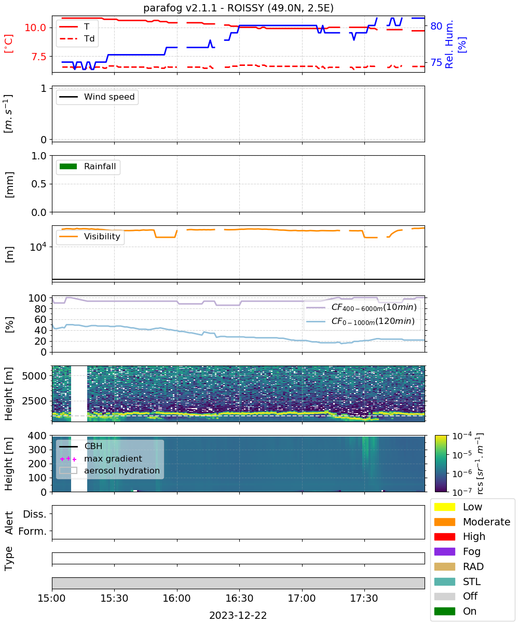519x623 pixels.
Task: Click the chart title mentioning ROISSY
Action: tap(238, 8)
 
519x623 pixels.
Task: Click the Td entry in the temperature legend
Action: tap(77, 38)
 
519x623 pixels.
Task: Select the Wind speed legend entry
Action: tap(97, 97)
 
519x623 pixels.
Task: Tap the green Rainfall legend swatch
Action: tap(69, 166)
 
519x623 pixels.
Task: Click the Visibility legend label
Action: tap(102, 236)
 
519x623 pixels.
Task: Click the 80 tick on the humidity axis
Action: tap(436, 26)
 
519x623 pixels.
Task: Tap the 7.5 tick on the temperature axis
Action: tap(39, 57)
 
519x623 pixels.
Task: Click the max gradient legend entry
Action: tap(101, 458)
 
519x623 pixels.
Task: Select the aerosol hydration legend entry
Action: tap(110, 470)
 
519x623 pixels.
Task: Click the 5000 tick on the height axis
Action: tap(34, 376)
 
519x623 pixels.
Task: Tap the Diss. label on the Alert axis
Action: tap(35, 514)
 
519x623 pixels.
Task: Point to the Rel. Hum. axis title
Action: tap(449, 44)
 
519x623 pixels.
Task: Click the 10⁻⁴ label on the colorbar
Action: tap(462, 436)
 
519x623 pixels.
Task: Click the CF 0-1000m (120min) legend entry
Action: tap(360, 321)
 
